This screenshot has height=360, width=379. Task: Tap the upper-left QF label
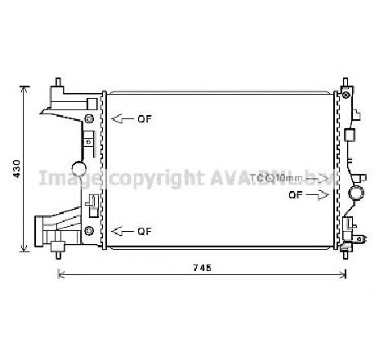pyautogui.click(x=144, y=119)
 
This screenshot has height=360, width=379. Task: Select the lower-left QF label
pyautogui.click(x=144, y=231)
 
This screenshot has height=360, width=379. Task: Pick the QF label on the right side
pyautogui.click(x=297, y=195)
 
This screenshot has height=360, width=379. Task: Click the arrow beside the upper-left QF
pyautogui.click(x=122, y=119)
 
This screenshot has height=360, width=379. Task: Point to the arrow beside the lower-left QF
pyautogui.click(x=122, y=231)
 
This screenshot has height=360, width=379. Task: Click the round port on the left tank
pyautogui.click(x=78, y=169)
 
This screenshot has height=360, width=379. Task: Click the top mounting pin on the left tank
pyautogui.click(x=60, y=82)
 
